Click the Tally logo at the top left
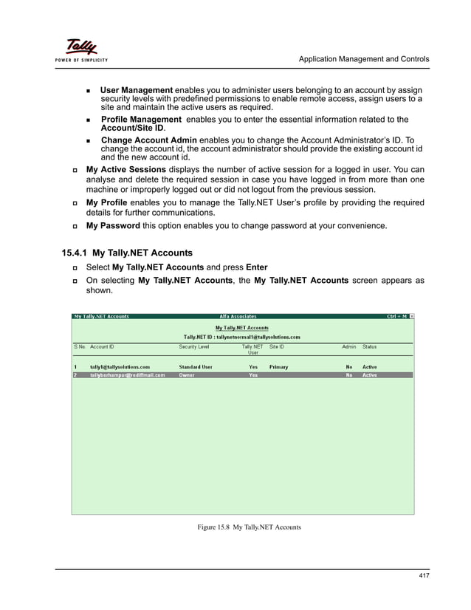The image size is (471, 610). (x=83, y=49)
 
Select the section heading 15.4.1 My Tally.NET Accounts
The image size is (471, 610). (x=127, y=253)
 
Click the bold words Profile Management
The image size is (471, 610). (x=141, y=119)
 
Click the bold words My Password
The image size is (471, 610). (x=113, y=225)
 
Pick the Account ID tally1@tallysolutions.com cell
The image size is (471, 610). (x=120, y=367)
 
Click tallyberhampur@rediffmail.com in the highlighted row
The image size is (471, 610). (x=127, y=375)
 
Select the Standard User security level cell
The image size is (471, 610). (x=196, y=367)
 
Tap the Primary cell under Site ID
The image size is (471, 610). (x=278, y=367)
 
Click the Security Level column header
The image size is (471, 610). (x=194, y=346)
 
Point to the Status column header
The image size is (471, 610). (x=369, y=346)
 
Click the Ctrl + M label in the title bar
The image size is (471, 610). (x=396, y=317)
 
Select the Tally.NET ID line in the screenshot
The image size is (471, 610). (x=241, y=337)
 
